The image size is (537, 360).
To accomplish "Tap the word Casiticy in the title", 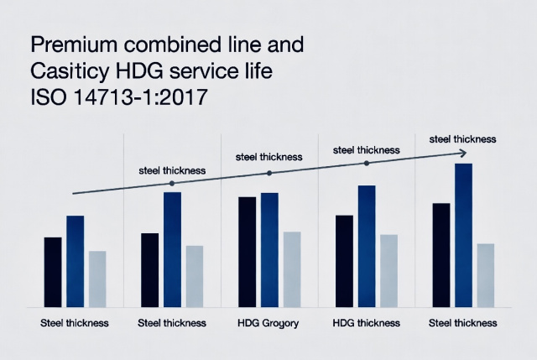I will (x=64, y=72).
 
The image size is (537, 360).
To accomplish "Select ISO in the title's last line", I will (x=46, y=99).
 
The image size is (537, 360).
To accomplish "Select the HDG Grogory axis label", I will (x=268, y=323).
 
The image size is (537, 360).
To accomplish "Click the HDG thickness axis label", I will (x=366, y=323).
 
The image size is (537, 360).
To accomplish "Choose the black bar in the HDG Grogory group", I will (x=248, y=252).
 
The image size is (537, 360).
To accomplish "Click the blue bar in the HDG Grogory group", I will (x=269, y=249).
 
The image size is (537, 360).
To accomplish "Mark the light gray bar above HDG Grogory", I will (x=291, y=269).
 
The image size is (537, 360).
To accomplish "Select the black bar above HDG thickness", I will (x=344, y=261).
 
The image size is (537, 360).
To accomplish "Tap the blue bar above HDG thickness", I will (x=366, y=246).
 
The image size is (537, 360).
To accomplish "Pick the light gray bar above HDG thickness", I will (x=388, y=270).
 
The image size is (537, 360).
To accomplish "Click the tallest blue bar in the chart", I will (x=463, y=235).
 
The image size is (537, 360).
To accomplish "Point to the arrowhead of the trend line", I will (x=462, y=153).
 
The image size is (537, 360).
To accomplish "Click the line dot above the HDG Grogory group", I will (x=269, y=173).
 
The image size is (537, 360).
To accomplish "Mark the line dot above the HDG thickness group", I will (x=366, y=164).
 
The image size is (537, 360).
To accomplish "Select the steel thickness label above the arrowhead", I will (x=462, y=138).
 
